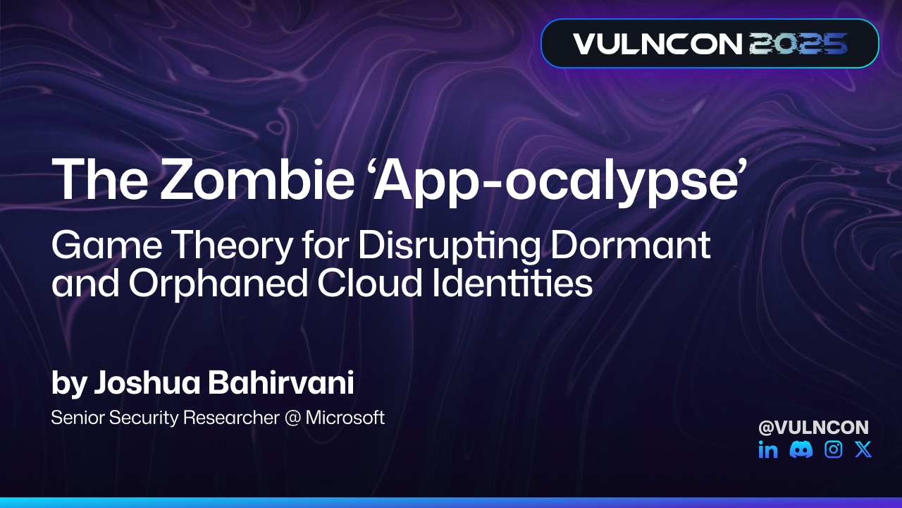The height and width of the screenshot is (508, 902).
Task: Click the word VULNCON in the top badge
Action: click(x=657, y=44)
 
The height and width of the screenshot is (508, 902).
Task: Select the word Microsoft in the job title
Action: click(x=345, y=417)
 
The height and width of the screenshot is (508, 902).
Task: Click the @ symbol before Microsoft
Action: click(x=292, y=418)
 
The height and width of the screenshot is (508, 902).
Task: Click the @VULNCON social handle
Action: click(x=813, y=427)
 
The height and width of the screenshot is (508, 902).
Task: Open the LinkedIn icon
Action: click(x=768, y=449)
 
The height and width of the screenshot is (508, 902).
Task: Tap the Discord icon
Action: click(x=801, y=449)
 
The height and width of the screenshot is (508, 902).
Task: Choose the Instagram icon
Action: click(x=834, y=449)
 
